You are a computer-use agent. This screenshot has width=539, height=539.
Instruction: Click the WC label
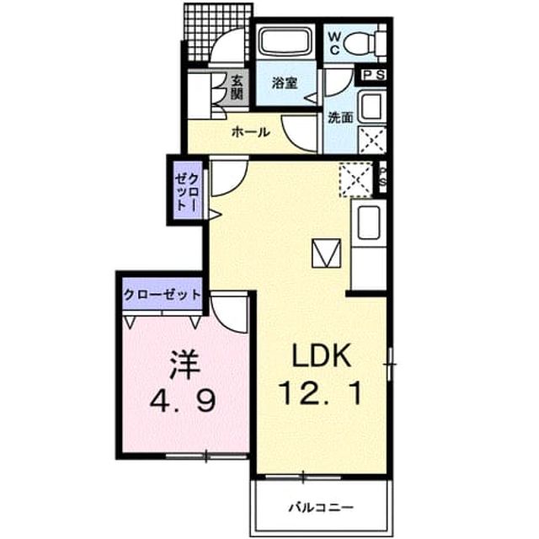pyautogui.click(x=334, y=42)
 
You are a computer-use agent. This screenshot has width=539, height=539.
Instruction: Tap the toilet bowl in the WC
pyautogui.click(x=360, y=44)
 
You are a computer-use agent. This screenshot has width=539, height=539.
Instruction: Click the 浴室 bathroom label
pyautogui.click(x=285, y=83)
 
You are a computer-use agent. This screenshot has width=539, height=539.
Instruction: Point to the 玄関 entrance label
pyautogui.click(x=237, y=87)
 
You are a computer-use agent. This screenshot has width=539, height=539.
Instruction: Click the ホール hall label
pyautogui.click(x=251, y=131)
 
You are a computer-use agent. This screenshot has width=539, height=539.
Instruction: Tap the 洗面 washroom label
pyautogui.click(x=340, y=118)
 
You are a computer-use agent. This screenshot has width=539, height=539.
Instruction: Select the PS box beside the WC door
pyautogui.click(x=372, y=75)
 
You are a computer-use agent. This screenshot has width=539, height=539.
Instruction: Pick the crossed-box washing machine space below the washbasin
pyautogui.click(x=371, y=141)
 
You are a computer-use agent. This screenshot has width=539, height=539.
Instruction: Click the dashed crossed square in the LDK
pyautogui.click(x=356, y=179)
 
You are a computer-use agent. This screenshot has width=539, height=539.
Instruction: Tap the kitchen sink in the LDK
pyautogui.click(x=369, y=222)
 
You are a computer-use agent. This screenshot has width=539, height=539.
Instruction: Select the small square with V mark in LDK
pyautogui.click(x=326, y=253)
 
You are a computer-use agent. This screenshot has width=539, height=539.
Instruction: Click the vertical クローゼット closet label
pyautogui.click(x=187, y=192)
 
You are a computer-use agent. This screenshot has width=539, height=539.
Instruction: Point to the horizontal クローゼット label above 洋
pyautogui.click(x=162, y=295)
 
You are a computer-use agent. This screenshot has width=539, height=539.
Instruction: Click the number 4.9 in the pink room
pyautogui.click(x=183, y=401)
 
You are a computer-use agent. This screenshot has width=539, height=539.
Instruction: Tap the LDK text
pyautogui.click(x=321, y=355)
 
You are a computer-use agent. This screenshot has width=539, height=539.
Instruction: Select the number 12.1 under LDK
pyautogui.click(x=321, y=393)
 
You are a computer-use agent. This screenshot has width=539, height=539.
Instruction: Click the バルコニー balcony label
pyautogui.click(x=321, y=507)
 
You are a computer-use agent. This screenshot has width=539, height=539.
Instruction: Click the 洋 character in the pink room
pyautogui.click(x=184, y=365)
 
